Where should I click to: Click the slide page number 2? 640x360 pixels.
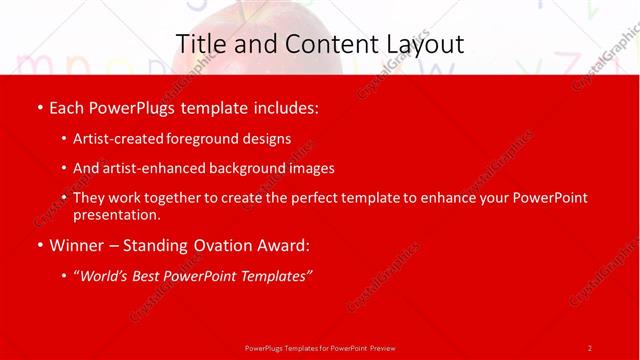point(590,347)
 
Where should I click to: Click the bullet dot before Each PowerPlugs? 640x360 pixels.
point(39,108)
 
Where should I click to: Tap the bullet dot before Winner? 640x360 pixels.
point(39,244)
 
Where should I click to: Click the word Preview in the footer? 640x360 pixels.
point(382,347)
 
